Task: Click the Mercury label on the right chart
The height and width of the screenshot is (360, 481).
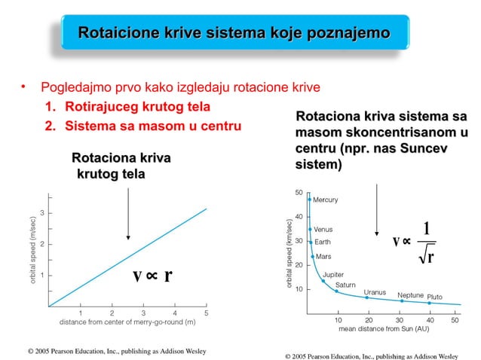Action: (x=326, y=200)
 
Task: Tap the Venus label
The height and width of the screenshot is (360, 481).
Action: (x=323, y=229)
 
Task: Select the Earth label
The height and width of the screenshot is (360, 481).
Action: (x=322, y=242)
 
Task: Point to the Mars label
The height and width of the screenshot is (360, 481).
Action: (x=323, y=257)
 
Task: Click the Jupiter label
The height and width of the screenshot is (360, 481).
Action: (x=333, y=275)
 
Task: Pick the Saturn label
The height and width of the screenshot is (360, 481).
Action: (x=345, y=285)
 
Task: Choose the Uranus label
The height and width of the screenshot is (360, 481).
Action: (x=375, y=291)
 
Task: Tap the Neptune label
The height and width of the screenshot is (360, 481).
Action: (x=411, y=295)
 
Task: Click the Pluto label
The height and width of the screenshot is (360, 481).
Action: (x=435, y=296)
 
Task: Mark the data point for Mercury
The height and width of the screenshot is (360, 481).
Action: (x=309, y=200)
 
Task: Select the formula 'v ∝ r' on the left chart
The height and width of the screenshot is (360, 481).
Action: (x=152, y=275)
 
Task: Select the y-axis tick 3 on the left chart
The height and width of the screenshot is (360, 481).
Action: (x=42, y=213)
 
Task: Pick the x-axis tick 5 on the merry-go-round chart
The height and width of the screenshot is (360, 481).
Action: (x=207, y=312)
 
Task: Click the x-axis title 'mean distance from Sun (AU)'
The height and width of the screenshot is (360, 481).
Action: (x=384, y=329)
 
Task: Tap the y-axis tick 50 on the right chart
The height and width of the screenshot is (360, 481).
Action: (x=299, y=193)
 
